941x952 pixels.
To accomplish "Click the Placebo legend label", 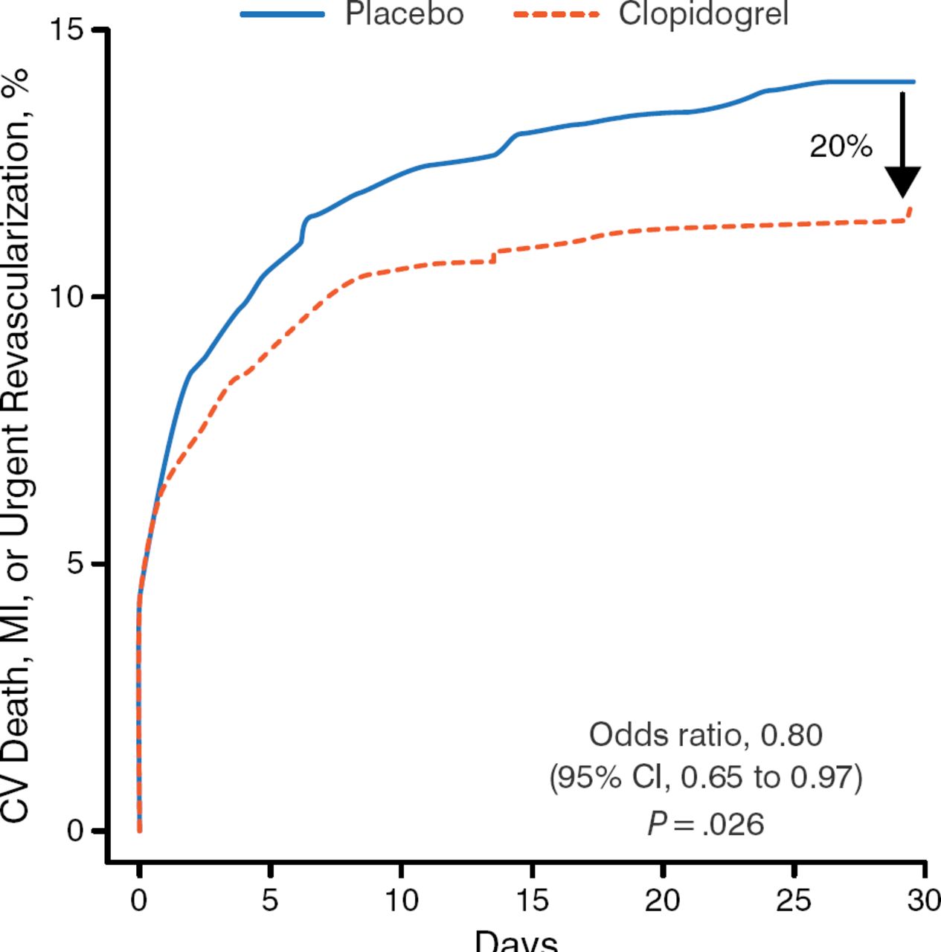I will pyautogui.click(x=404, y=13).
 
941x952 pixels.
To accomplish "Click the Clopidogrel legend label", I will pyautogui.click(x=703, y=13).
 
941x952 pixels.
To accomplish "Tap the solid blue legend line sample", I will pyautogui.click(x=283, y=14).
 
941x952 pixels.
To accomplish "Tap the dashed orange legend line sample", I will pyautogui.click(x=556, y=14).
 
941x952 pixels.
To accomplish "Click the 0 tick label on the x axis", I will pyautogui.click(x=139, y=901).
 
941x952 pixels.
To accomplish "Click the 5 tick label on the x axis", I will pyautogui.click(x=270, y=901).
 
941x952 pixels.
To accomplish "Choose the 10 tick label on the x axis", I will pyautogui.click(x=401, y=901).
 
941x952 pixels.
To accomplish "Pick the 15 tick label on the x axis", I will pyautogui.click(x=532, y=901).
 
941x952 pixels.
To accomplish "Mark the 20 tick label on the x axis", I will pyautogui.click(x=663, y=901).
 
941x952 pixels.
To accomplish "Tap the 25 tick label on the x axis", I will pyautogui.click(x=794, y=901).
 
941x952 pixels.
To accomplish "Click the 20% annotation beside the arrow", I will pyautogui.click(x=841, y=147).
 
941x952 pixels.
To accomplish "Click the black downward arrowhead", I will pyautogui.click(x=902, y=181).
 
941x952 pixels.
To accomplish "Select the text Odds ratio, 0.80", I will pyautogui.click(x=705, y=735).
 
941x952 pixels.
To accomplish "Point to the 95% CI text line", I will pyautogui.click(x=705, y=778).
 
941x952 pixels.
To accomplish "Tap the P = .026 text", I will pyautogui.click(x=705, y=824).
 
